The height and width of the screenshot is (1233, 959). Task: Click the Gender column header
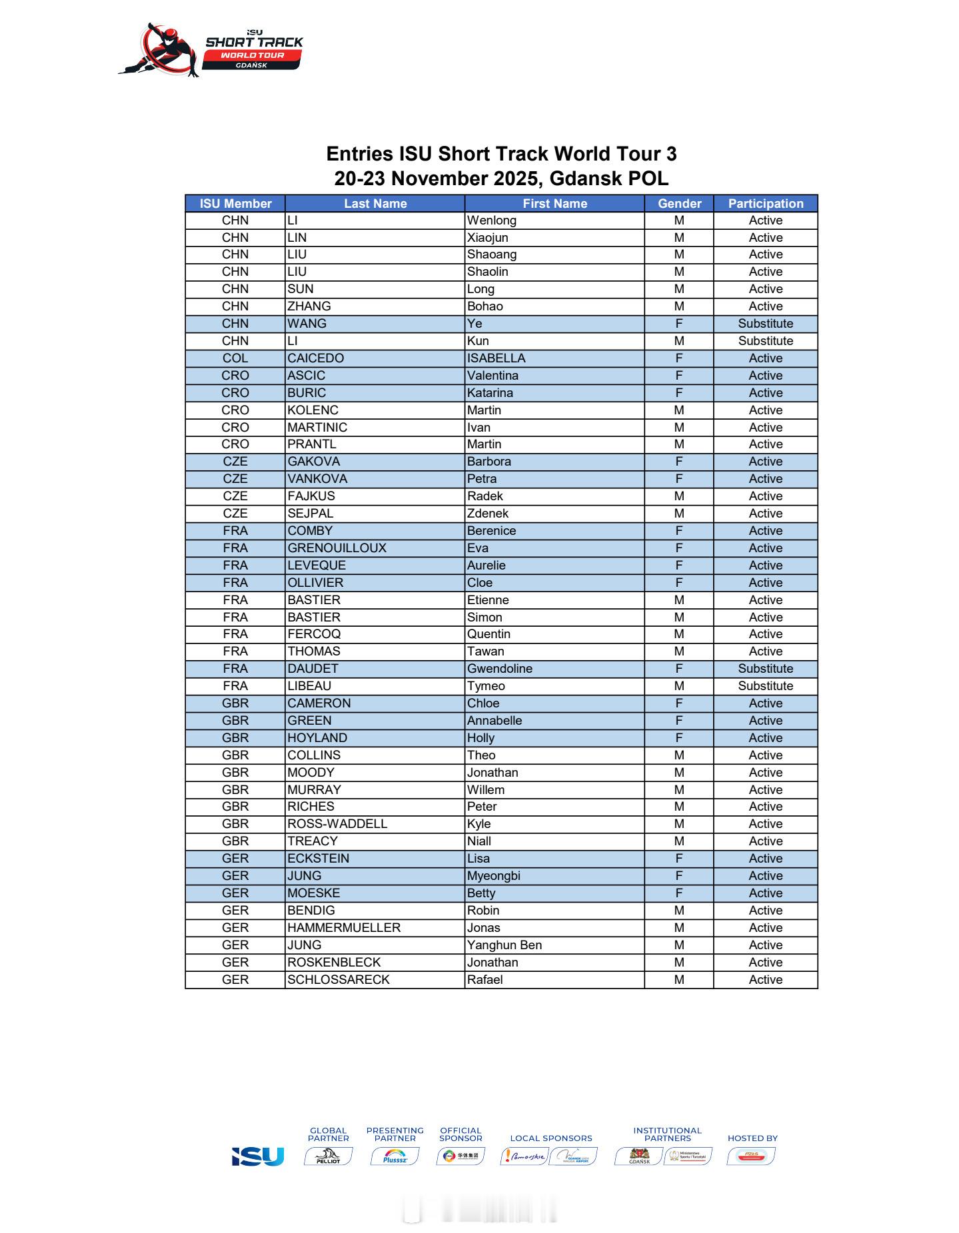point(679,204)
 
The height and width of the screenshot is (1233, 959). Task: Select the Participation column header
point(765,204)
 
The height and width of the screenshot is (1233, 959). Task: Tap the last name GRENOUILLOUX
point(337,548)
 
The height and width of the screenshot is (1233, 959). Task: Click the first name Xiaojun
point(487,238)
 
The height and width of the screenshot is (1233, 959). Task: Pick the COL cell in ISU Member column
point(235,358)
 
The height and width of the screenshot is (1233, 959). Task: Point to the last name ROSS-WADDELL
point(337,824)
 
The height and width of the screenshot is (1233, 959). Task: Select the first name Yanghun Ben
point(504,945)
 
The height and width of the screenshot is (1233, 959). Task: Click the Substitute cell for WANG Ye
point(765,324)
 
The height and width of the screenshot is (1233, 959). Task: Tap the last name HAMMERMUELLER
point(344,928)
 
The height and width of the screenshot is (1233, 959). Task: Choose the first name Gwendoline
point(499,669)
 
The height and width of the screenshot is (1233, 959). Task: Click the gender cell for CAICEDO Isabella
point(679,358)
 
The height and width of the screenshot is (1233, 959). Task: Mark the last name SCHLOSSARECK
point(338,980)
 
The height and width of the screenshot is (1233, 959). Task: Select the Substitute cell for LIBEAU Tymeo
point(765,686)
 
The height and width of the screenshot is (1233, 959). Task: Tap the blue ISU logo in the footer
point(258,1156)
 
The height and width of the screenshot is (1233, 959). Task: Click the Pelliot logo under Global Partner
point(328,1156)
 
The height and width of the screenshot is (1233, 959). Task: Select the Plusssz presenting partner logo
point(395,1156)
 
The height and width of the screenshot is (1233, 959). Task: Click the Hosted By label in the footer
point(752,1138)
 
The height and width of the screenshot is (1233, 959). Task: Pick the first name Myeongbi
point(493,876)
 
